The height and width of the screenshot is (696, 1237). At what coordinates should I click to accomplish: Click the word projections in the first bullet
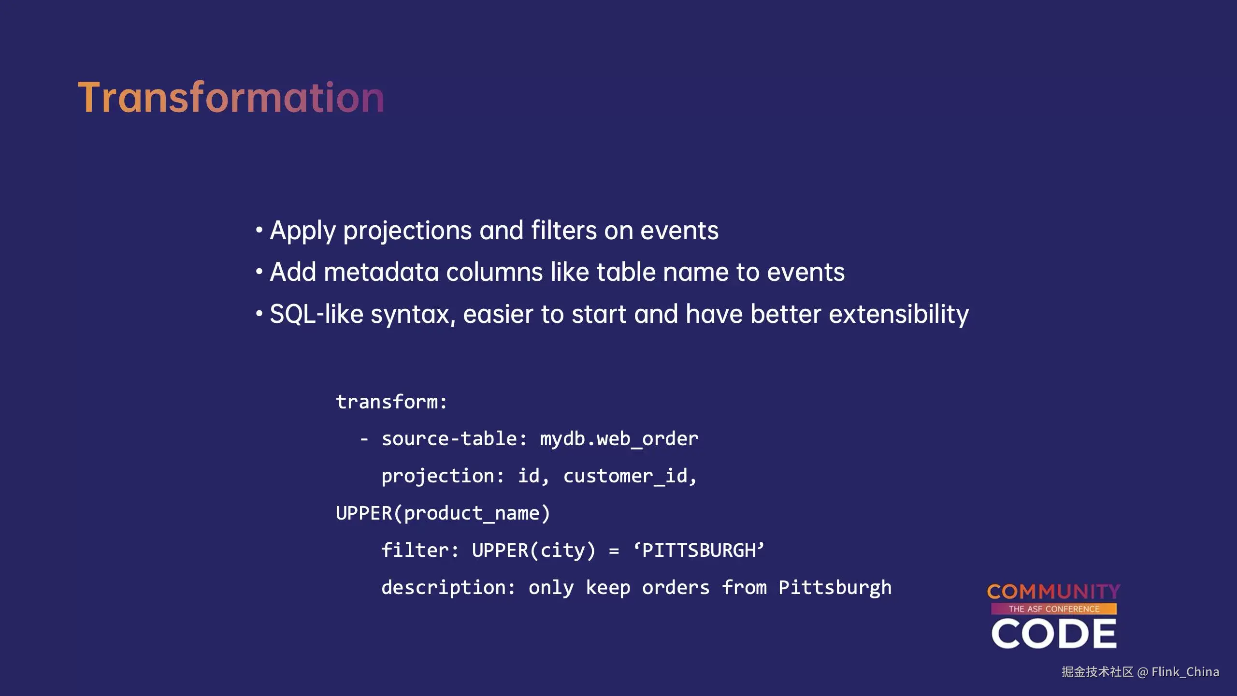coord(407,231)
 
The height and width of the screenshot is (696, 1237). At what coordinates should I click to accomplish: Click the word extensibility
coord(899,315)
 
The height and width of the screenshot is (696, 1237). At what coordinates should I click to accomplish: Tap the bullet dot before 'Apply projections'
coord(259,230)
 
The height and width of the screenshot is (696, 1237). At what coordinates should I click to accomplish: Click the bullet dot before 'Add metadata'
coord(259,272)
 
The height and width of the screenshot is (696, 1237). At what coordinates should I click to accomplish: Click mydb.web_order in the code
coord(619,439)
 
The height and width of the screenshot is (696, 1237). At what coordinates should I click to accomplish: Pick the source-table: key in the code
coord(454,439)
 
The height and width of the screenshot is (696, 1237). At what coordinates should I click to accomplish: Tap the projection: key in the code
coord(443,477)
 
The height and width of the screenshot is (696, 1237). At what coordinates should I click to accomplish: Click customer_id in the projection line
coord(630,477)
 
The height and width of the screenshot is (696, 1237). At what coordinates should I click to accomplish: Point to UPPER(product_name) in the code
coord(443,513)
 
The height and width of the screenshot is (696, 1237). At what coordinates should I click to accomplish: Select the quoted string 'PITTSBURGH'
coord(699,551)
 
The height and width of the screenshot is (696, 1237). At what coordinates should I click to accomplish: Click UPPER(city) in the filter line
coord(533,551)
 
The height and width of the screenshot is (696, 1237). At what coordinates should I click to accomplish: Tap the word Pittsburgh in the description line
coord(835,588)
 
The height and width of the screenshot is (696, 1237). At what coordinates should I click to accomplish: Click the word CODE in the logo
coord(1054,634)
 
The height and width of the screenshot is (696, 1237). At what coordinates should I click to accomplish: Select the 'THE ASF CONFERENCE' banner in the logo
coord(1054,609)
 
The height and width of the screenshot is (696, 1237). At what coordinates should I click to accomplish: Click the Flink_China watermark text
coord(1185,672)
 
